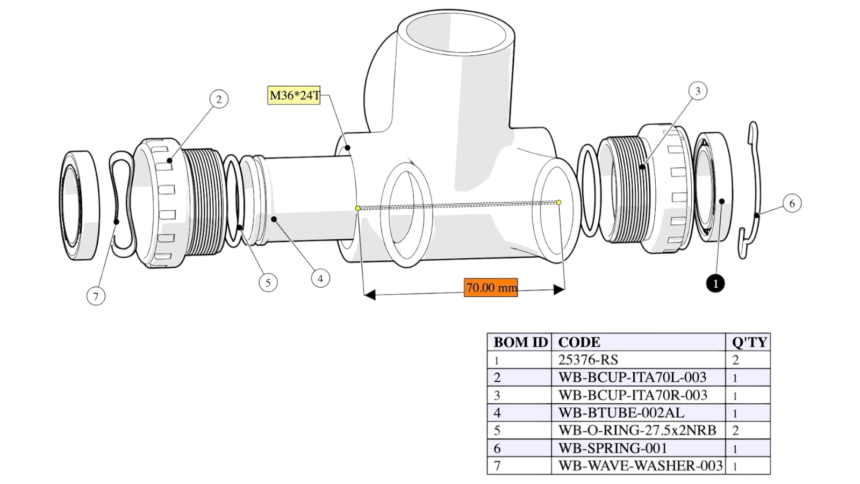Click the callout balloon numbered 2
pos(219,99)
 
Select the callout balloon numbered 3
pos(698,91)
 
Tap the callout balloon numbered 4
pos(320,278)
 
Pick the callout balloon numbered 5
pos(268,283)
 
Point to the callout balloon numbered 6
pos(792,203)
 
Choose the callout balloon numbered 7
pos(96,296)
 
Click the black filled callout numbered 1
pos(715,283)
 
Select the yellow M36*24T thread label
pos(293,96)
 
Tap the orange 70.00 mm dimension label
pos(491,287)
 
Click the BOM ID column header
pos(520,342)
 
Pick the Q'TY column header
pos(749,342)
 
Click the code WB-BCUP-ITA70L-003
pos(632,377)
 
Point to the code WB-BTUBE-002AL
pos(621,412)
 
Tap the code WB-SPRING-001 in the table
pos(612,449)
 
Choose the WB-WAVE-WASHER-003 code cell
pos(640,466)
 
